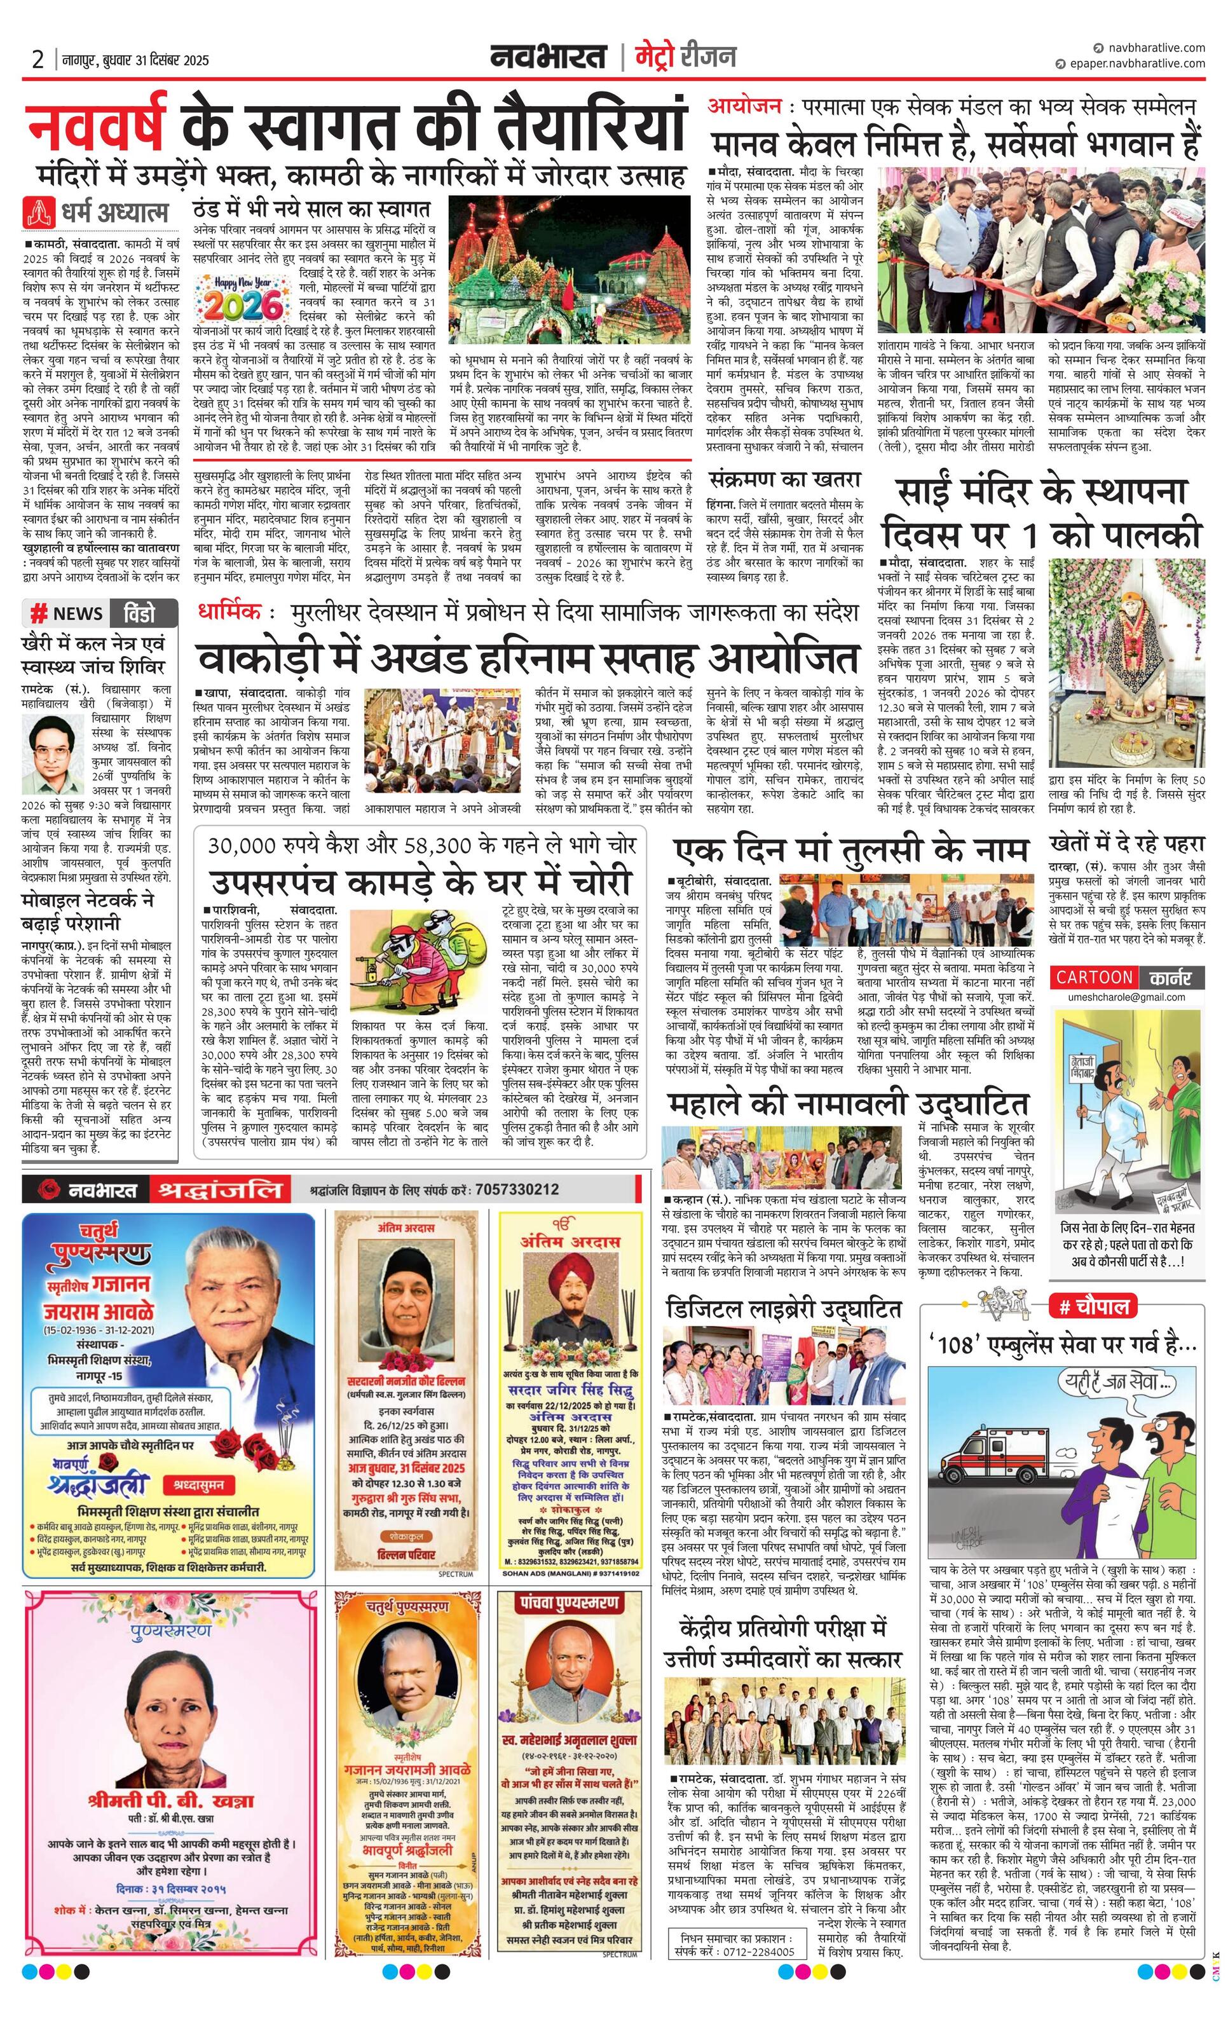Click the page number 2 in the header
[x=37, y=60]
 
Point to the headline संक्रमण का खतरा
[x=785, y=478]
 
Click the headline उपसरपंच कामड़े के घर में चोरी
[x=420, y=882]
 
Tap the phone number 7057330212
[x=517, y=1189]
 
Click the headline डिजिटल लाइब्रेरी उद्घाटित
[x=784, y=1308]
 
